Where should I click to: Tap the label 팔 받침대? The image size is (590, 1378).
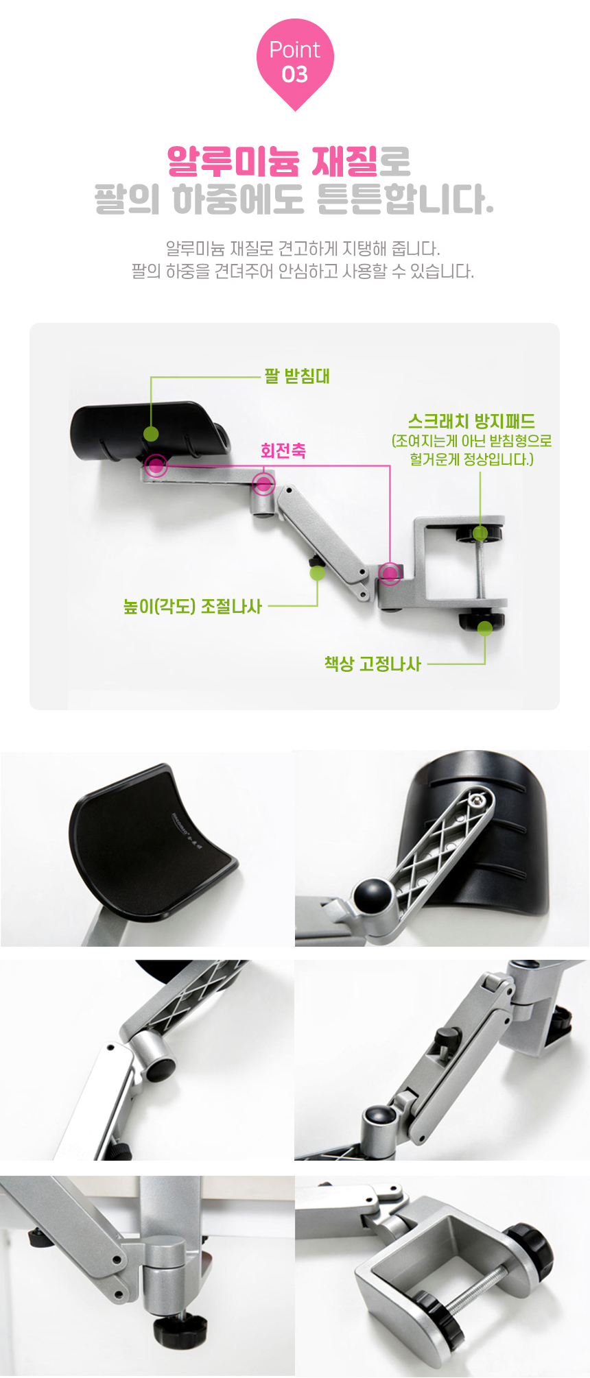pyautogui.click(x=297, y=376)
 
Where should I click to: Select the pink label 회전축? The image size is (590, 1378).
pyautogui.click(x=283, y=450)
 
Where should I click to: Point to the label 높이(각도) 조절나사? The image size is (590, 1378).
pyautogui.click(x=192, y=607)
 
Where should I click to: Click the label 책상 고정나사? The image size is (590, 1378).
pyautogui.click(x=373, y=664)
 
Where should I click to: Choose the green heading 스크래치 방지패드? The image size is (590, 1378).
pyautogui.click(x=471, y=421)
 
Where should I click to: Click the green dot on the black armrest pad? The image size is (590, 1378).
pyautogui.click(x=151, y=433)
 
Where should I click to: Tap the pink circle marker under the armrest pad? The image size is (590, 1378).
pyautogui.click(x=156, y=466)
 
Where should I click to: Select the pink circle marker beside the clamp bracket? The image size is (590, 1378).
pyautogui.click(x=390, y=572)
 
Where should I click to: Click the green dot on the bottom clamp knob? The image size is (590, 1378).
pyautogui.click(x=485, y=627)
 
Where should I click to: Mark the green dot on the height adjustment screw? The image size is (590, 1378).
pyautogui.click(x=317, y=572)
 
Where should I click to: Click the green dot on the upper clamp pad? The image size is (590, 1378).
pyautogui.click(x=480, y=533)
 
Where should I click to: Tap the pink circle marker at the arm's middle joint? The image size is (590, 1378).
pyautogui.click(x=263, y=483)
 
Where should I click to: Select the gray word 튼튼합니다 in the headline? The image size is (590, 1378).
pyautogui.click(x=405, y=199)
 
